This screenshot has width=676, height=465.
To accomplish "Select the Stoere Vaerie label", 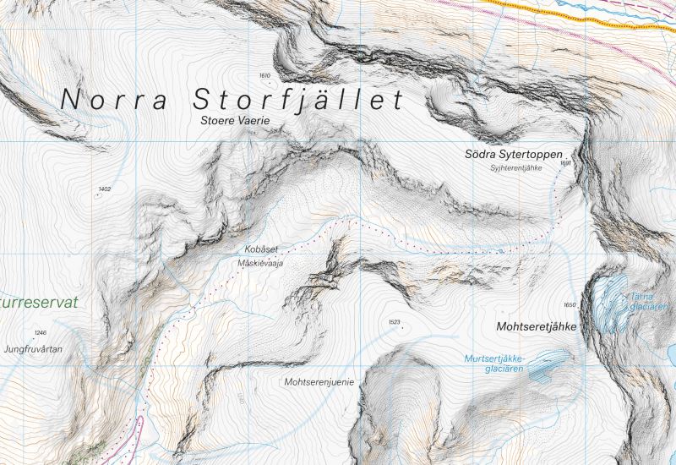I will coord(239,121).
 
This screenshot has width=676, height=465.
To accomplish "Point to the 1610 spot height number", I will coord(264,76).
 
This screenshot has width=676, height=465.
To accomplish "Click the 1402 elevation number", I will coord(105,189).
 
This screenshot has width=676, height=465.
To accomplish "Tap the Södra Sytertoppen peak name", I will coord(513,155).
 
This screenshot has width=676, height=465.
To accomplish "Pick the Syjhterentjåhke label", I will coord(515,168).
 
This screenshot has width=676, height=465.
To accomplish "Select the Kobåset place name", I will coord(260,250).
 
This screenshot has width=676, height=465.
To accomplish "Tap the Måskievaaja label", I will coord(260,263).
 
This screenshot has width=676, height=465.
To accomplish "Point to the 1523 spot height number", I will coord(394,322).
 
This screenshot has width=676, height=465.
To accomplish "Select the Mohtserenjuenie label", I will coord(319,381).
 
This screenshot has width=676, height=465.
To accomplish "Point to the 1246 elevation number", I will coord(41,333).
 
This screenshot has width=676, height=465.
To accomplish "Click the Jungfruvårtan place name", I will coord(33,348).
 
